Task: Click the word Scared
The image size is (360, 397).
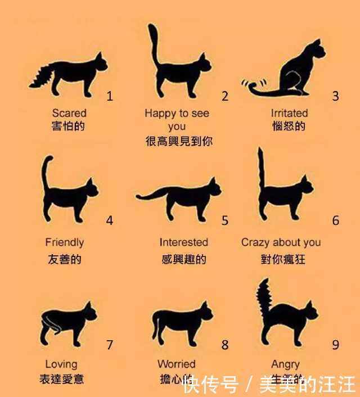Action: [69, 113]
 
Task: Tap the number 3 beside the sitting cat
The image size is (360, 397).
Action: [335, 96]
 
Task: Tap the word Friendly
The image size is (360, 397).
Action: [65, 242]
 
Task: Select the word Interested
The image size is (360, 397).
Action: [183, 242]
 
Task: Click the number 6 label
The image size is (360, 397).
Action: [335, 220]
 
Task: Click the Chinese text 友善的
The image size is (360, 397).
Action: [65, 259]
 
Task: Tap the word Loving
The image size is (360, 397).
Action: [61, 364]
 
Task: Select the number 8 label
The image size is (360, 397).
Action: [225, 345]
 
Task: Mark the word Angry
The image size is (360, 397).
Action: [285, 364]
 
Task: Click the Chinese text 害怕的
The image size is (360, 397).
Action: [68, 125]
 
